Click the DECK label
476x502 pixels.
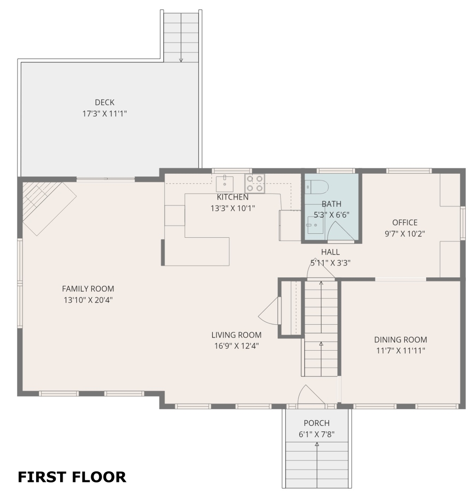click(x=104, y=102)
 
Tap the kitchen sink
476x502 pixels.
click(x=225, y=184)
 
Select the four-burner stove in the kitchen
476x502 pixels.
click(x=254, y=183)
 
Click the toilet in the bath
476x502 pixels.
click(x=316, y=187)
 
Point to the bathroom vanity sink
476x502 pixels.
click(x=315, y=225)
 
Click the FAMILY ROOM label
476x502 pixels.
click(x=88, y=289)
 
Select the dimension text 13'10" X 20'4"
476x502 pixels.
click(x=88, y=300)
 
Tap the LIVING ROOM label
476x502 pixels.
click(x=236, y=335)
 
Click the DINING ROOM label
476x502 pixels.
click(x=400, y=340)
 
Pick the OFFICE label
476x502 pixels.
click(x=405, y=222)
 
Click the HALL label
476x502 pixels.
click(x=330, y=252)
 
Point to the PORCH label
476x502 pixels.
click(x=317, y=423)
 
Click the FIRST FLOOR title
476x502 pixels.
click(x=72, y=477)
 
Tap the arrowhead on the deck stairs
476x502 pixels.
click(x=181, y=60)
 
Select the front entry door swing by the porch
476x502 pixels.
click(x=311, y=394)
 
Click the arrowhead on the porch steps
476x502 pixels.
click(x=317, y=444)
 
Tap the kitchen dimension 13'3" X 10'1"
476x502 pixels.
click(x=233, y=208)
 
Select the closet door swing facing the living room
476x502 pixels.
click(x=267, y=311)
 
